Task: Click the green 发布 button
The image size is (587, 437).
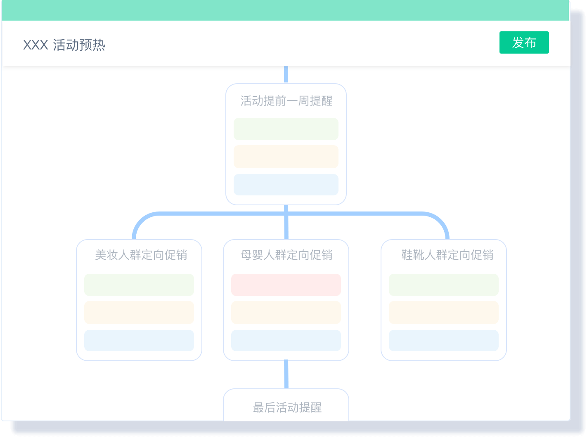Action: [x=524, y=42]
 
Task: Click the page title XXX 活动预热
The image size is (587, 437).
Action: [x=64, y=45]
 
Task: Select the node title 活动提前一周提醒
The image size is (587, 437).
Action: [x=286, y=101]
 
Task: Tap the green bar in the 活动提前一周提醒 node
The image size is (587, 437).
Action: [x=286, y=129]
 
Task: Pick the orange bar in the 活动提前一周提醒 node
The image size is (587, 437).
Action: [x=286, y=157]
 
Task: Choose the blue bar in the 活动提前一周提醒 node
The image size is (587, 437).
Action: [x=286, y=185]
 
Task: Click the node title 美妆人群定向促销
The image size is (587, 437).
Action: [x=141, y=255]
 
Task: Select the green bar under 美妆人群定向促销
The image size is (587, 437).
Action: [x=139, y=285]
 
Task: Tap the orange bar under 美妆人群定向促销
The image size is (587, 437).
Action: [x=139, y=312]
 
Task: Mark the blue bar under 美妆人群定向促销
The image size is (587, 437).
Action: [x=139, y=341]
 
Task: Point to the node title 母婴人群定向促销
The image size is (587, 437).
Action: [x=286, y=255]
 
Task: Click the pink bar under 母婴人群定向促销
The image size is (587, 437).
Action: [x=286, y=285]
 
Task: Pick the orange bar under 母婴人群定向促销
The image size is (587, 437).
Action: [x=286, y=312]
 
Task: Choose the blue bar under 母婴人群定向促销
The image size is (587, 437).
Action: [x=286, y=341]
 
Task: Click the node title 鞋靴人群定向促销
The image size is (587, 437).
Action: [x=447, y=255]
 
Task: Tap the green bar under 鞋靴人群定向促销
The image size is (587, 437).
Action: [x=444, y=285]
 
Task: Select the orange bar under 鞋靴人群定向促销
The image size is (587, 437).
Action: [x=444, y=312]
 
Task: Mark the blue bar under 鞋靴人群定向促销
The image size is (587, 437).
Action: [x=444, y=341]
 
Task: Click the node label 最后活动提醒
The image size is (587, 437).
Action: [x=287, y=408]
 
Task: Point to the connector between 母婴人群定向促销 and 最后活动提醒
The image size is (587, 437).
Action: [x=286, y=374]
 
